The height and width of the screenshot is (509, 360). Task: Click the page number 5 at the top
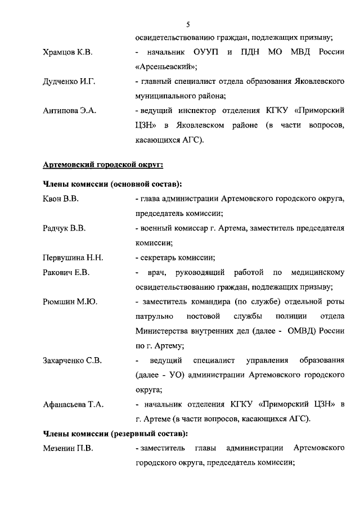point(188,24)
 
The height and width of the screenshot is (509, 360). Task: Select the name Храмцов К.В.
point(67,52)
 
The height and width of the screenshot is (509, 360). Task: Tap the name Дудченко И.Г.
point(69,82)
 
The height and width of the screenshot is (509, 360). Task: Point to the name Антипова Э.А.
point(70,111)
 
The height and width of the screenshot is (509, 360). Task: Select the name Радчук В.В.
point(64,228)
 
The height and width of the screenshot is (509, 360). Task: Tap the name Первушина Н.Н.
point(73,258)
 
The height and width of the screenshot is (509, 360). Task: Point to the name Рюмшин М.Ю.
point(69,301)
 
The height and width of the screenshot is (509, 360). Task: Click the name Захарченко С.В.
point(72,360)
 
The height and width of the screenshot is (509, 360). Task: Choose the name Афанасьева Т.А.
point(73,404)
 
